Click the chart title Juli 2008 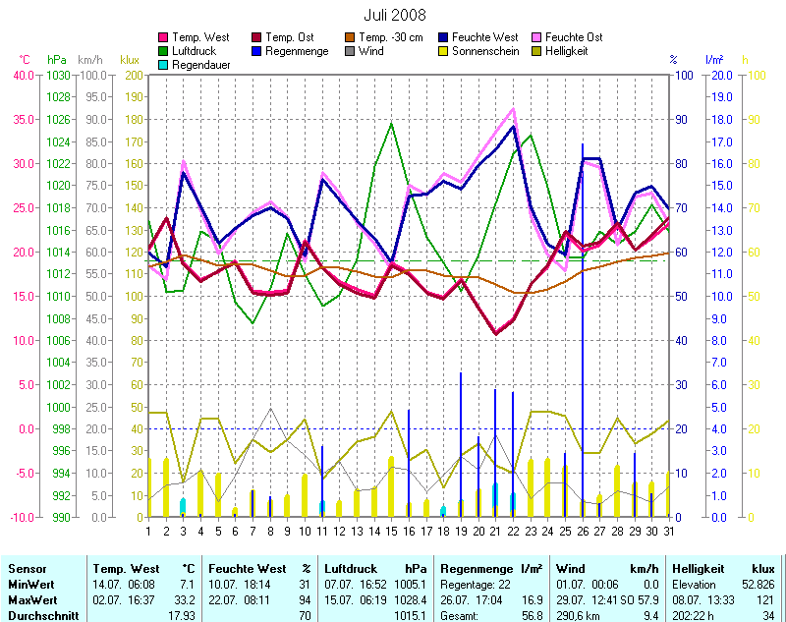tap(395, 17)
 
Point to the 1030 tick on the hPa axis tap(58, 75)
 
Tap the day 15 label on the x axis tap(391, 531)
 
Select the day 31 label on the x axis tap(669, 531)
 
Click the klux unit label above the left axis tap(129, 60)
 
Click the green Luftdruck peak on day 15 tap(391, 124)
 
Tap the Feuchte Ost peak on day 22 tap(513, 109)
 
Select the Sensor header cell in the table tap(27, 569)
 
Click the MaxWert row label tap(31, 599)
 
